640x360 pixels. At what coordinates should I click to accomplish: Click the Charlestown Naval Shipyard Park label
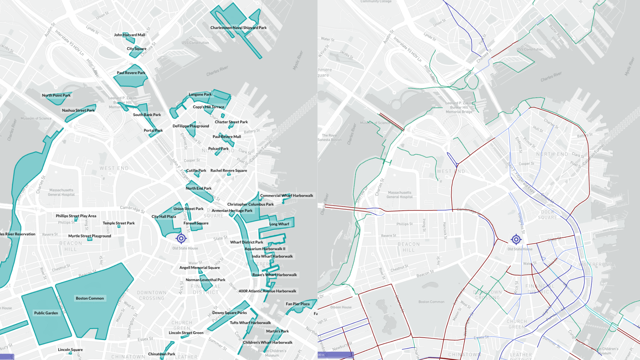pyautogui.click(x=238, y=28)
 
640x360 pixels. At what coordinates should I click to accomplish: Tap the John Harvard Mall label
pyautogui.click(x=129, y=35)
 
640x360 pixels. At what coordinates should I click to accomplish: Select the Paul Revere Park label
pyautogui.click(x=131, y=73)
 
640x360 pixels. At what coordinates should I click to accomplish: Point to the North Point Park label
pyautogui.click(x=56, y=95)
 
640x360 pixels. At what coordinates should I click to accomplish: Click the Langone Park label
pyautogui.click(x=200, y=94)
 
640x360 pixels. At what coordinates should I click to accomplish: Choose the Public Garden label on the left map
pyautogui.click(x=46, y=313)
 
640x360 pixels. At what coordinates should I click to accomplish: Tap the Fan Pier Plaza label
pyautogui.click(x=297, y=304)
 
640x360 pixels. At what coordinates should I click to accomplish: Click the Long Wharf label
pyautogui.click(x=279, y=224)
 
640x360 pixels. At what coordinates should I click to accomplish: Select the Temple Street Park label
pyautogui.click(x=119, y=223)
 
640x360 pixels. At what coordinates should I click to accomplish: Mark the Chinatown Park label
pyautogui.click(x=162, y=354)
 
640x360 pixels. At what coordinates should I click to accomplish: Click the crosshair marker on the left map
pyautogui.click(x=181, y=238)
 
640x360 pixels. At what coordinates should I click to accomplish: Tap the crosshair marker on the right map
pyautogui.click(x=516, y=239)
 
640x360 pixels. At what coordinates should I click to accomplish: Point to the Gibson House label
pyautogui.click(x=341, y=307)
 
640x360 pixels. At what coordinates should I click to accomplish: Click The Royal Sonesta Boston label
pyautogui.click(x=329, y=138)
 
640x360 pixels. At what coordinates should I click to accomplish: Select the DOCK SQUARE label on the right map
pyautogui.click(x=547, y=215)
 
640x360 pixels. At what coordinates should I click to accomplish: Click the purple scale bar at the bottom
pyautogui.click(x=335, y=355)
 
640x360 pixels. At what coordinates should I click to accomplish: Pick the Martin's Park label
pyautogui.click(x=277, y=331)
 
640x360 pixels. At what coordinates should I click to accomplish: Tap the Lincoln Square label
pyautogui.click(x=70, y=350)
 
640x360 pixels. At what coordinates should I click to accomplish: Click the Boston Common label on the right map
pyautogui.click(x=431, y=302)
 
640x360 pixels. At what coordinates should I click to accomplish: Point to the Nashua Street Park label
pyautogui.click(x=78, y=110)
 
